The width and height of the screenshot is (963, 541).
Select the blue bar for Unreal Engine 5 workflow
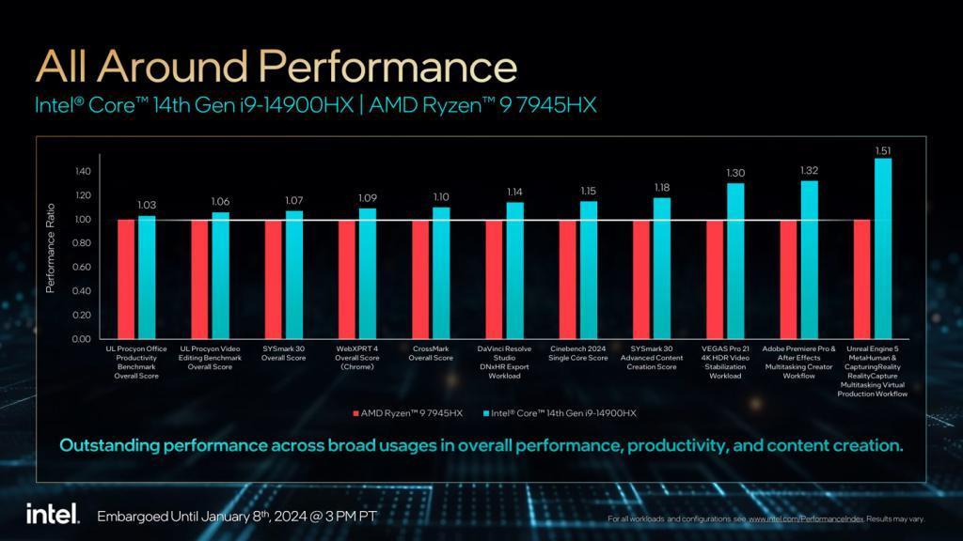[883, 249]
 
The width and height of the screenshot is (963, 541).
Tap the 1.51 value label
[883, 150]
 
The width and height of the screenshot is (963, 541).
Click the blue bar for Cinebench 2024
[589, 270]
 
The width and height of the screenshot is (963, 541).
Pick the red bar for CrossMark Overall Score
[420, 279]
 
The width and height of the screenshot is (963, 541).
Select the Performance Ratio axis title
[51, 248]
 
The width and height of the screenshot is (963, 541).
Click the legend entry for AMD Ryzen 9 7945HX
[408, 413]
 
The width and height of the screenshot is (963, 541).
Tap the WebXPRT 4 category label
[356, 358]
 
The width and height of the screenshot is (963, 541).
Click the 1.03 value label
[147, 206]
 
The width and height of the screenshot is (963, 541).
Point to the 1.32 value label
[809, 171]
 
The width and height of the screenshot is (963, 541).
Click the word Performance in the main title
[387, 68]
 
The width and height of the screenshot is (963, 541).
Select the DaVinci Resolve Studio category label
[504, 358]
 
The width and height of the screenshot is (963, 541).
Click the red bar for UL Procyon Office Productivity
[126, 279]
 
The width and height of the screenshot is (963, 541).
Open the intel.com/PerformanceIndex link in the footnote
[806, 518]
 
